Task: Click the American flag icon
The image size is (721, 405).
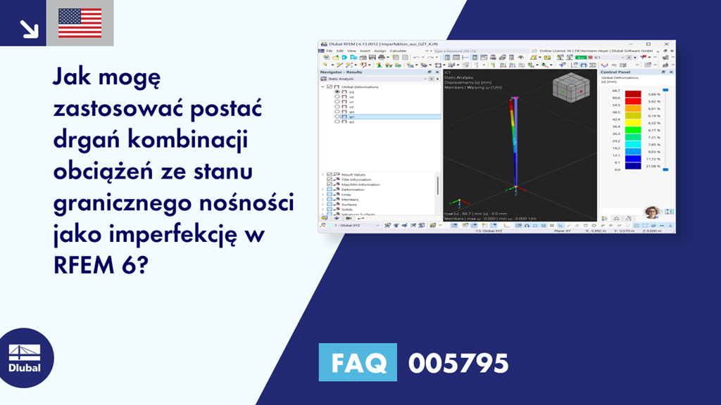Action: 80,22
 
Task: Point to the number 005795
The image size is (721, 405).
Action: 458,363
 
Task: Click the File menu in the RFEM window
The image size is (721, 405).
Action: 329,51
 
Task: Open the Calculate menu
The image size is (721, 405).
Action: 398,51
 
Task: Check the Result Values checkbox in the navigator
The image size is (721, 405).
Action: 329,174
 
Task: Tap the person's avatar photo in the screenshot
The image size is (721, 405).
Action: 651,212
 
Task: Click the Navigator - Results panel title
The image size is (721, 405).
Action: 341,72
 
